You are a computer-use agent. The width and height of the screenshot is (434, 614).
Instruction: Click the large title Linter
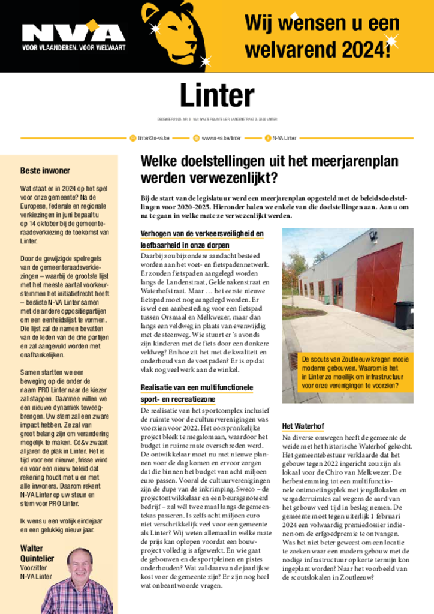pyautogui.click(x=217, y=95)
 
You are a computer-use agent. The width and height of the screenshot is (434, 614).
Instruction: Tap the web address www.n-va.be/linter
pyautogui.click(x=221, y=138)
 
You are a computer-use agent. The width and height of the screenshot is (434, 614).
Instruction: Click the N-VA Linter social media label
pyautogui.click(x=284, y=138)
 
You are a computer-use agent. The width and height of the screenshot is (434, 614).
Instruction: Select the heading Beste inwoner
pyautogui.click(x=45, y=171)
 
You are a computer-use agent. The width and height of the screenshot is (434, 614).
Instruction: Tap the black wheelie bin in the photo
pyautogui.click(x=403, y=315)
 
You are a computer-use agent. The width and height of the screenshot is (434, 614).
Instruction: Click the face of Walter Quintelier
pyautogui.click(x=80, y=564)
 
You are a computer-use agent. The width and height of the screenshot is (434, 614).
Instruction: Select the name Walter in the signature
pyautogui.click(x=32, y=548)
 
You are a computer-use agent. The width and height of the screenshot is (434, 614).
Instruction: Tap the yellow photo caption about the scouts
pyautogui.click(x=357, y=372)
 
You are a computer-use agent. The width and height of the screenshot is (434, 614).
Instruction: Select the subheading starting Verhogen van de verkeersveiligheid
pyautogui.click(x=201, y=234)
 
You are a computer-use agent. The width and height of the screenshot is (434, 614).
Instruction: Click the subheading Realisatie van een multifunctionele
pyautogui.click(x=197, y=388)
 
